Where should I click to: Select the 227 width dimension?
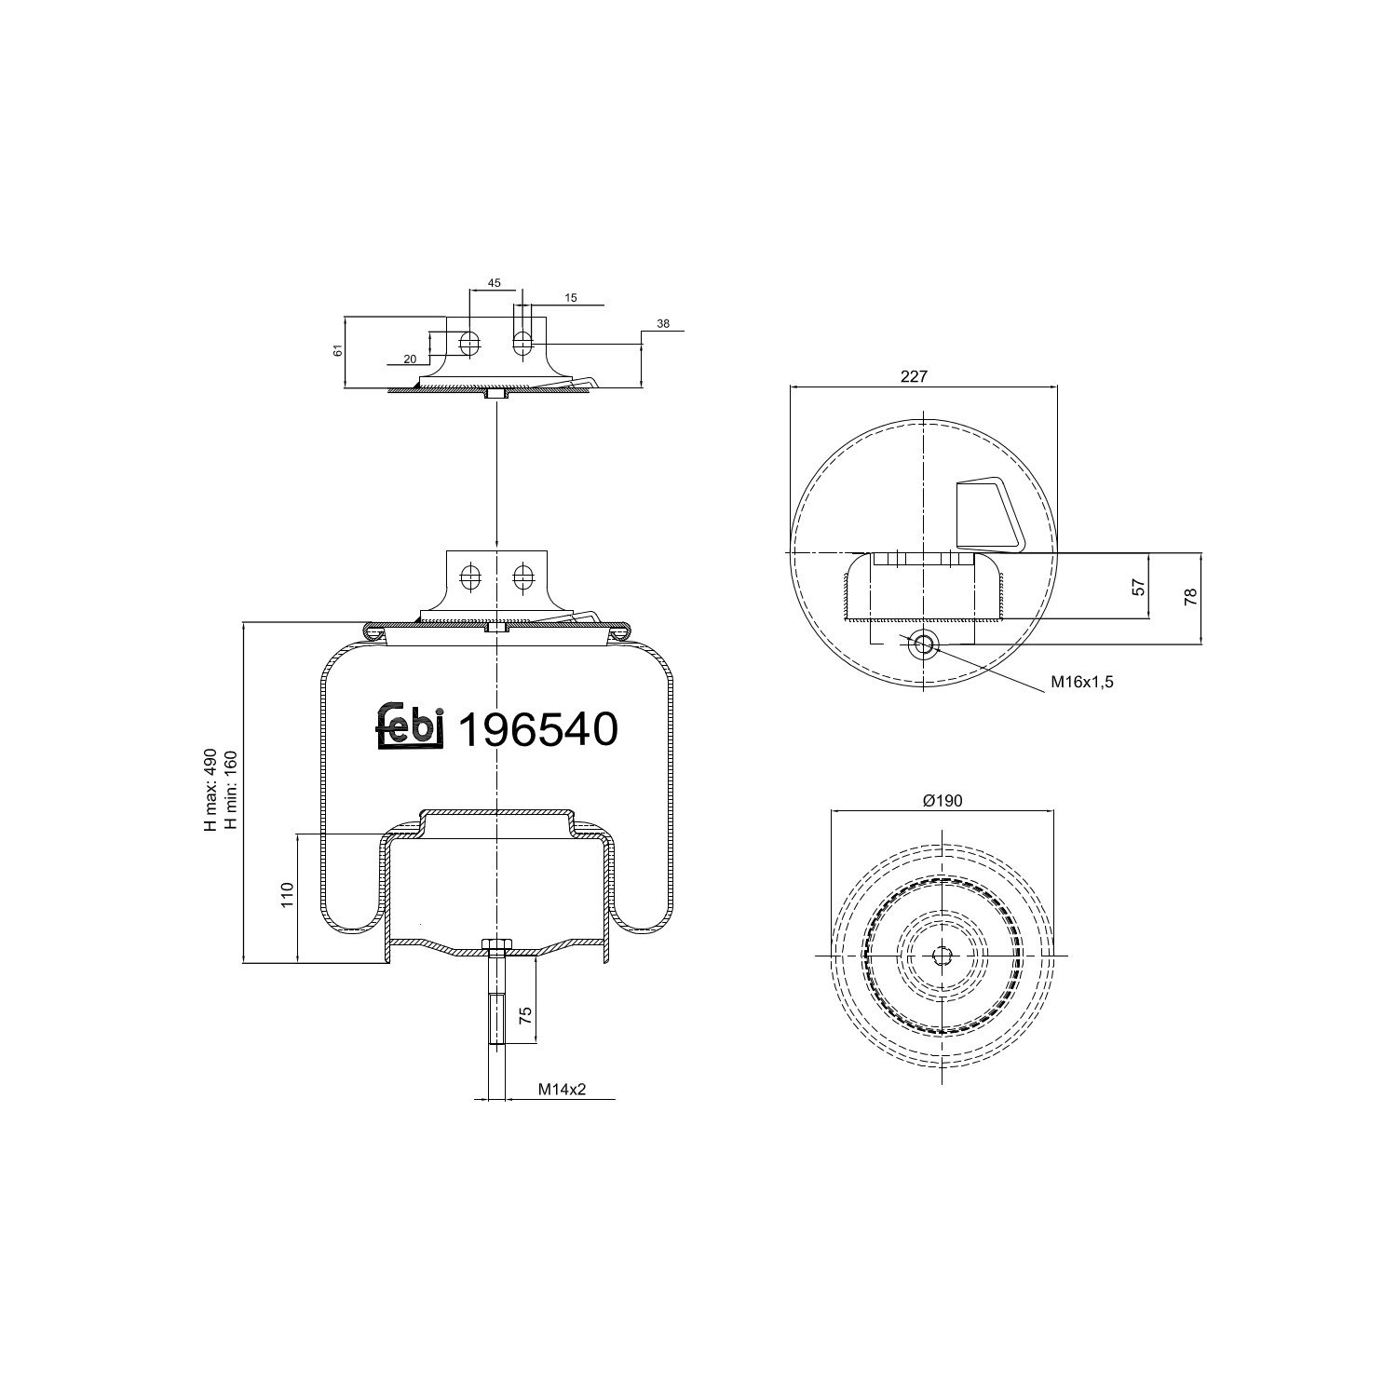coord(915,376)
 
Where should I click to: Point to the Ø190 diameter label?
coord(943,800)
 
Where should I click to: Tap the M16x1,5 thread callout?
coord(1083,681)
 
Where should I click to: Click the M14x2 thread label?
coord(562,1090)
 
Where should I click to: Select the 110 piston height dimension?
coord(288,895)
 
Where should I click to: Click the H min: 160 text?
coord(230,790)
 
